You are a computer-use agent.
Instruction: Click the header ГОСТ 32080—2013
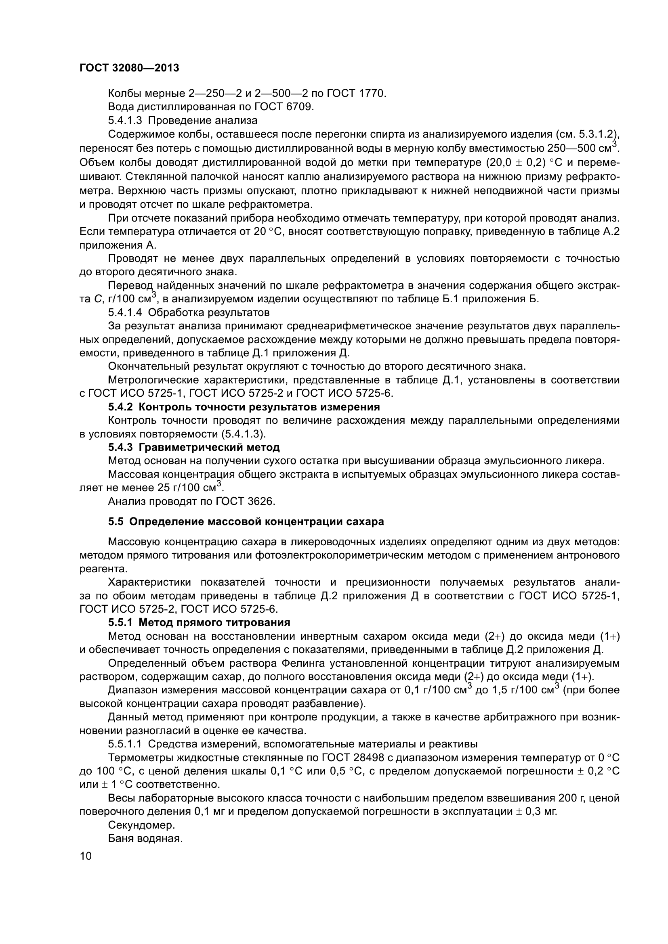(x=129, y=68)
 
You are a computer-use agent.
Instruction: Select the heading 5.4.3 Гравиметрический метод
(x=194, y=447)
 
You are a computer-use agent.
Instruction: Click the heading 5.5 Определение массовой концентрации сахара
(x=246, y=522)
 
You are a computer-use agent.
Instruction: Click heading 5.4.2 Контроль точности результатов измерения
(x=244, y=407)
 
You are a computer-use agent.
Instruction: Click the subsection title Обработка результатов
(x=208, y=312)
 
